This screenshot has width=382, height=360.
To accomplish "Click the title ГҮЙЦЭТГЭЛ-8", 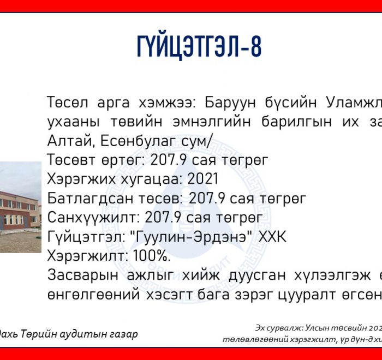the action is click(199, 47).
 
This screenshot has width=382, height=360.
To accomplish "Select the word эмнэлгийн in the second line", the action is click(212, 122).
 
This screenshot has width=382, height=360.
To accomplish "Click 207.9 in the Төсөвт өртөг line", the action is click(169, 160).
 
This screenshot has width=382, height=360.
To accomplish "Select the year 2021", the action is click(202, 179).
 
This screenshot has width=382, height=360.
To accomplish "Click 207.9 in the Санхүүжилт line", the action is click(163, 217).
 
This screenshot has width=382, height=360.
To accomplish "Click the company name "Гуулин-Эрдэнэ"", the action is click(192, 237).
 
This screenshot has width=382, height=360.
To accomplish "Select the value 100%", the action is click(152, 256).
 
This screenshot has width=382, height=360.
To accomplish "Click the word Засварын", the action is click(82, 275).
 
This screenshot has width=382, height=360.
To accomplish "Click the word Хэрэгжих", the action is click(81, 179).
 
